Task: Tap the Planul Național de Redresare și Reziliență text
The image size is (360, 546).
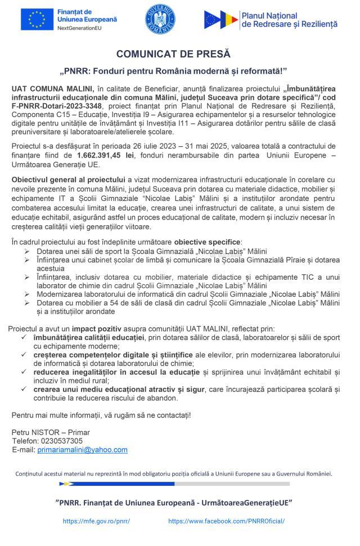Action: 289,20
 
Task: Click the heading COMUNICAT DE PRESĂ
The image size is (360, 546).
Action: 173,54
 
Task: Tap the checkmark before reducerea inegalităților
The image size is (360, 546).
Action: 22,373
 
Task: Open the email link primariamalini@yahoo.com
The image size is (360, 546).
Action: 82,450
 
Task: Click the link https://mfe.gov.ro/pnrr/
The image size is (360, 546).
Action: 96,521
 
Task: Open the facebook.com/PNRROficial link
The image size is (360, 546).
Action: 226,521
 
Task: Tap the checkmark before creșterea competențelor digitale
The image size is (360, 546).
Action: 22,355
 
